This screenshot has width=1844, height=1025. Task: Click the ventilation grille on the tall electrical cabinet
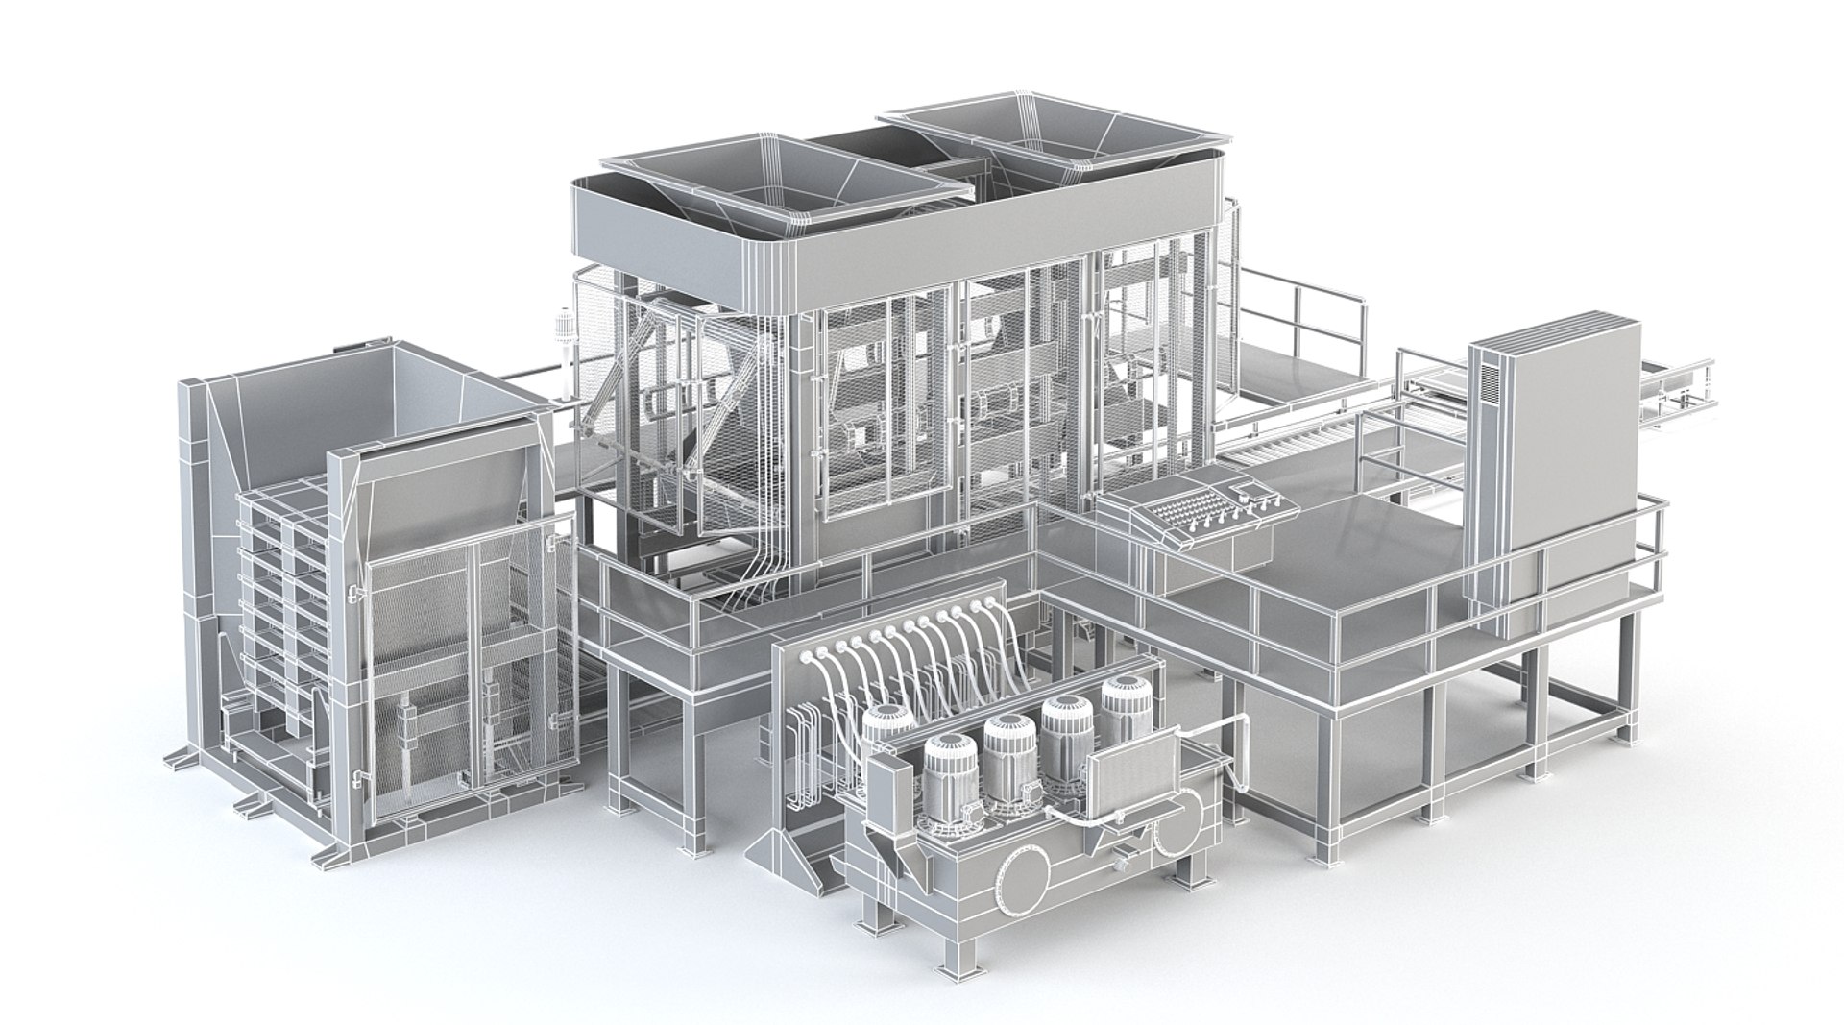1488,384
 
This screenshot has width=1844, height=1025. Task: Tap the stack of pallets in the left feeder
279,615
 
